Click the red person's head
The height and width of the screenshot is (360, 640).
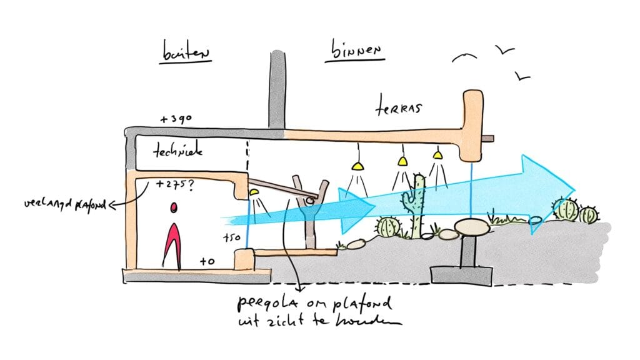tap(174, 207)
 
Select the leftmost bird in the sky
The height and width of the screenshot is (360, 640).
tap(464, 57)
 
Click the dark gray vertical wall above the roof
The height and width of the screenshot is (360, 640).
tap(276, 90)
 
